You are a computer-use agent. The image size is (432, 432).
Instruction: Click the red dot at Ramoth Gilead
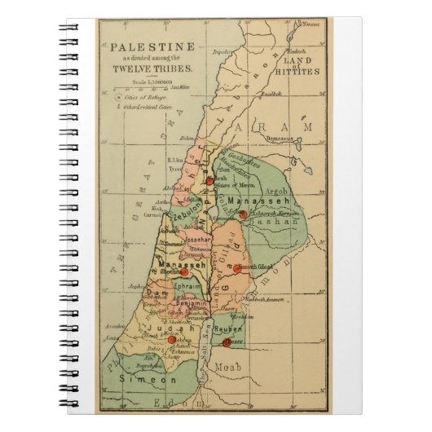[237, 268]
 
